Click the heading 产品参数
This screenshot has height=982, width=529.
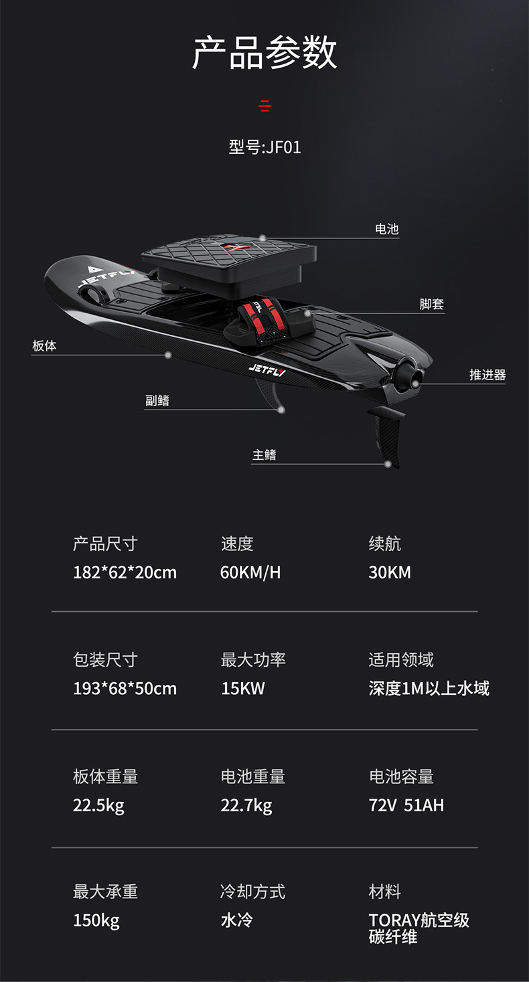[264, 54]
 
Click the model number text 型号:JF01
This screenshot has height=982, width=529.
[264, 147]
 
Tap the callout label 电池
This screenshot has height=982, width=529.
[386, 229]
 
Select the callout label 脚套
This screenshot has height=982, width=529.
[431, 304]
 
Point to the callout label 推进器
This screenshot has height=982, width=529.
[487, 375]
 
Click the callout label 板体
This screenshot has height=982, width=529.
[44, 345]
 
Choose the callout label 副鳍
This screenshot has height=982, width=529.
[157, 400]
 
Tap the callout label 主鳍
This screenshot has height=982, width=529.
[264, 455]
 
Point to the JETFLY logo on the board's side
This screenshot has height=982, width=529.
[266, 369]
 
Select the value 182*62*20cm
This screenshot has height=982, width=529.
[125, 572]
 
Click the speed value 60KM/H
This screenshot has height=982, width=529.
[250, 572]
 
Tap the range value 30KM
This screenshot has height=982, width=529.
[390, 572]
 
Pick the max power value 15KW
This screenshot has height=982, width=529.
[243, 688]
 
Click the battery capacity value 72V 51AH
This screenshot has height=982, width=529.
[406, 805]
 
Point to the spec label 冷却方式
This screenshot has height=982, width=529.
[252, 892]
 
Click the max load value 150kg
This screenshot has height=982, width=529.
[96, 921]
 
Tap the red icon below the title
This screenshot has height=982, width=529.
[265, 105]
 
